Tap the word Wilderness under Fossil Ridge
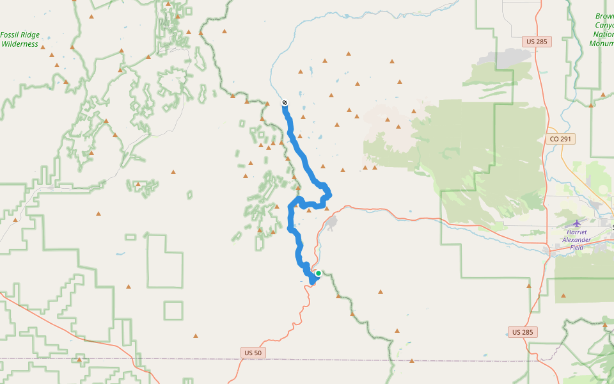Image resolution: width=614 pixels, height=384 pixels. click(20, 44)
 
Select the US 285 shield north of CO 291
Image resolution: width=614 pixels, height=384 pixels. click(536, 42)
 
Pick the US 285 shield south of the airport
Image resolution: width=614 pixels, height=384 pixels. click(523, 332)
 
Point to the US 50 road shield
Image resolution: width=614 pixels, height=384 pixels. click(253, 353)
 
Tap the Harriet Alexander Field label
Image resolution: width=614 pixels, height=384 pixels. click(576, 239)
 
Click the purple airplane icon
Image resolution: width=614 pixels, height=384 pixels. click(577, 223)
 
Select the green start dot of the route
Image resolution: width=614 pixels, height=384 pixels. click(319, 273)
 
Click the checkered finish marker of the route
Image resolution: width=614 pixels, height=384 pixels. click(285, 102)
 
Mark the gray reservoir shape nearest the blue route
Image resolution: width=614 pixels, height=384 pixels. click(331, 223)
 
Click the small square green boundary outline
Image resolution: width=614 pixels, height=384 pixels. click(173, 310)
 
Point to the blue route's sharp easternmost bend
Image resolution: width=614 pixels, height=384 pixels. click(329, 193)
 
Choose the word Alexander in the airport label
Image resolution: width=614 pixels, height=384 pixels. click(577, 239)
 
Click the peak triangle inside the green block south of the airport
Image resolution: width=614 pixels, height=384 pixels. click(563, 295)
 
